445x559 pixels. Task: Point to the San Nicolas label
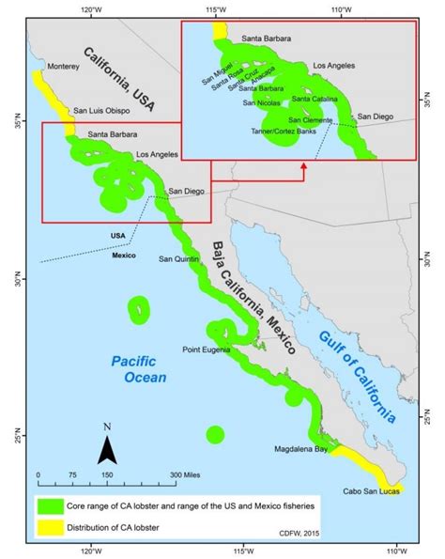coord(263,103)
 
